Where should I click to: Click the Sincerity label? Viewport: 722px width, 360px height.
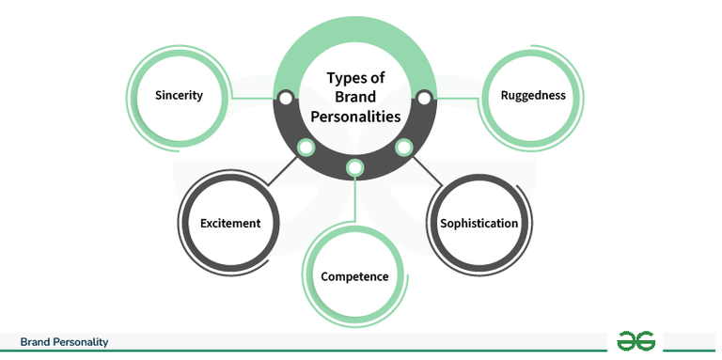[x=179, y=96]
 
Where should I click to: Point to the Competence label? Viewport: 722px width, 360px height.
[x=354, y=276]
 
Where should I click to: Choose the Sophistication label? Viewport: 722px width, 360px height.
[x=479, y=224]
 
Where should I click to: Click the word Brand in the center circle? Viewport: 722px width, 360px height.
[x=354, y=99]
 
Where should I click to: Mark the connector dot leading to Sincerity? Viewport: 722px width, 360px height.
[x=285, y=97]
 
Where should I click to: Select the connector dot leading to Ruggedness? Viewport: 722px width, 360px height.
[x=424, y=97]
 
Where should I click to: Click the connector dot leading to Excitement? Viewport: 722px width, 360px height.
[x=305, y=148]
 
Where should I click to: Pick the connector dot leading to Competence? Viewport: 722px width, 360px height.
[x=354, y=168]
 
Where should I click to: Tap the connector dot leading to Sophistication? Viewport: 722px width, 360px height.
[x=404, y=148]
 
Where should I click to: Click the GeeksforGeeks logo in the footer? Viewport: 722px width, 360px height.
[x=636, y=341]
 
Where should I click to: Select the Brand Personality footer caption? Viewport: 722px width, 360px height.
[x=64, y=342]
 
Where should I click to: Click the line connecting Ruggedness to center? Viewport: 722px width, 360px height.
[x=456, y=97]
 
